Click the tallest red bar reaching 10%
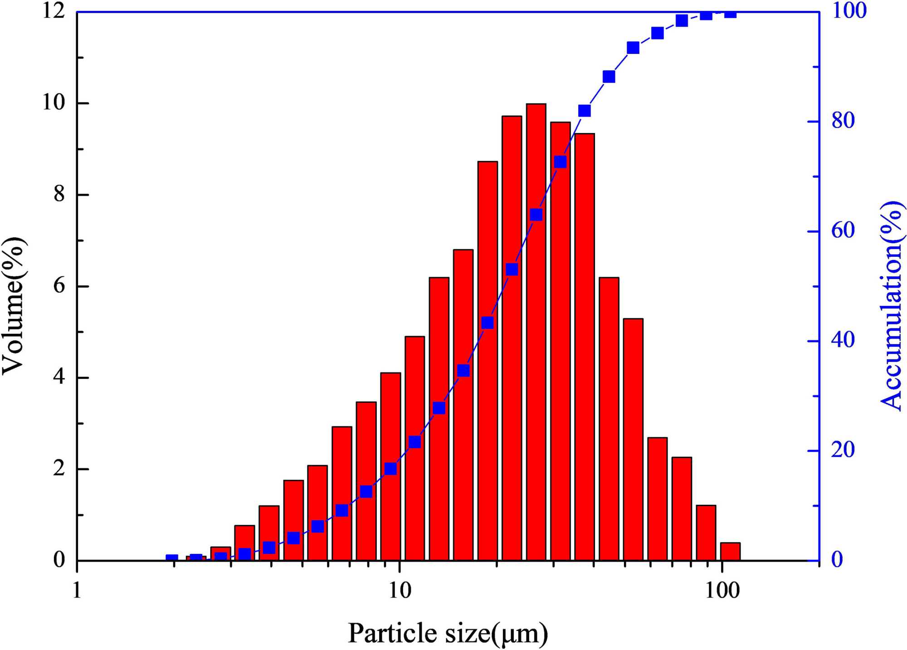[x=536, y=331]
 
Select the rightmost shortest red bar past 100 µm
[x=730, y=551]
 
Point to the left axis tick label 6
[x=59, y=286]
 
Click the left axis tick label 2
[x=59, y=469]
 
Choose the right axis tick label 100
[x=849, y=11]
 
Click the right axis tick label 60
[x=843, y=231]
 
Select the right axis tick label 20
[x=843, y=450]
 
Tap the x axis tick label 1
[x=77, y=591]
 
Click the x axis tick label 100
[x=722, y=591]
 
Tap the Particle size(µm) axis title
[x=448, y=633]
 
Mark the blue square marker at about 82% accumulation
[x=585, y=111]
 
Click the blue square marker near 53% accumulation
[x=512, y=269]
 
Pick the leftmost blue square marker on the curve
[x=172, y=559]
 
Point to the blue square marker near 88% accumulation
[x=609, y=77]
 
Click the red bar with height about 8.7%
[x=488, y=361]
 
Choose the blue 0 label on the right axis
[x=837, y=560]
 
